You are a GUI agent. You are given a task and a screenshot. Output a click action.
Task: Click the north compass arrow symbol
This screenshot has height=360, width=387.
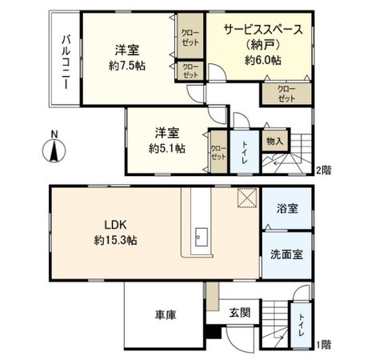coord(54,148)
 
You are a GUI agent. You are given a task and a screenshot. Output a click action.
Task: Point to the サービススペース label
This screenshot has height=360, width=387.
coord(263,30)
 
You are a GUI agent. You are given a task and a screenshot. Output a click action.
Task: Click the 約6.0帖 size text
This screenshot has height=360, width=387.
coord(263,60)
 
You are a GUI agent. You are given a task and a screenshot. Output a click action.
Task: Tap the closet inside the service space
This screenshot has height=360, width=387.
coord(285,92)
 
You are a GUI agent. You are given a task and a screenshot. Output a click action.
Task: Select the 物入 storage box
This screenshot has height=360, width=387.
coord(274,142)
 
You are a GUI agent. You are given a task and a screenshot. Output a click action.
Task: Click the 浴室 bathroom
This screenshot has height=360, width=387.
coord(288,209)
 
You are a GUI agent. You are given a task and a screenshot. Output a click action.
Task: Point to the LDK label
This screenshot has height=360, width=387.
coord(113,225)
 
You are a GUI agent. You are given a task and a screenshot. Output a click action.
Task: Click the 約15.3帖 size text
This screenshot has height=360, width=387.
coord(113,239)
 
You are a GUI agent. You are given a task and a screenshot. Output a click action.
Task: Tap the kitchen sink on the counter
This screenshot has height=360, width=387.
coord(201,235)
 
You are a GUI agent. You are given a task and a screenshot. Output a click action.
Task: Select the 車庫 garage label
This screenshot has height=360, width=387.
coord(166,314)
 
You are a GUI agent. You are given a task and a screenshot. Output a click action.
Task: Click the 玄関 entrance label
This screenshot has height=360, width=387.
coord(240,312)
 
